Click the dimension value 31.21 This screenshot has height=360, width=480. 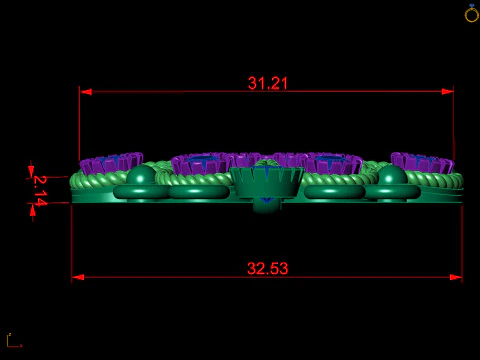268,84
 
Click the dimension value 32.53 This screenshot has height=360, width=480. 267,268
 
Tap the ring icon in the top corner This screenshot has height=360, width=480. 471,13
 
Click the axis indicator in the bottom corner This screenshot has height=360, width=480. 12,341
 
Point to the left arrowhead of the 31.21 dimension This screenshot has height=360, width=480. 85,92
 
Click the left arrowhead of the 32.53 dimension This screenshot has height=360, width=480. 77,277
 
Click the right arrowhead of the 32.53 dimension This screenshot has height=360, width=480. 457,277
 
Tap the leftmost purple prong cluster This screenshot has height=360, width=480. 111,162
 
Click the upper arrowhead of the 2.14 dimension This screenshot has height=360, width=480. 31,171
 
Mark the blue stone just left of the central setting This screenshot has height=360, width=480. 205,164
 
